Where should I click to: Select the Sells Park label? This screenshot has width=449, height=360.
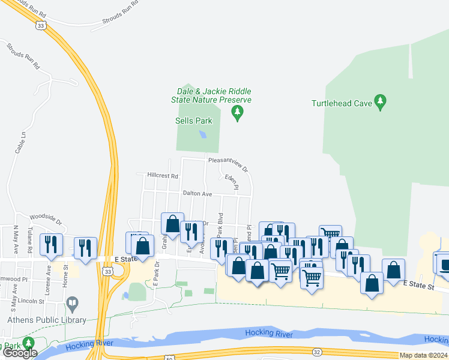coord(194,121)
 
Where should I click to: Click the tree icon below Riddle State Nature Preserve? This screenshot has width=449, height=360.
coord(238,112)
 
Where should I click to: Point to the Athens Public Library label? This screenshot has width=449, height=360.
coord(47,320)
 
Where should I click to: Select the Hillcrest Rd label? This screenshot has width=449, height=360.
coord(163,176)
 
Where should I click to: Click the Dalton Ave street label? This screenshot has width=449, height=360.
coord(198,194)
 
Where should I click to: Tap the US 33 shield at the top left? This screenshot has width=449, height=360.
coord(41,25)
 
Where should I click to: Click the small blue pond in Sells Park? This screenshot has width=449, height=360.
coord(203,134)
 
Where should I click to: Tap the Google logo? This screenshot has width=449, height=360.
coord(20,353)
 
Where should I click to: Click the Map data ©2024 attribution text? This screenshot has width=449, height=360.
coord(423,355)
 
